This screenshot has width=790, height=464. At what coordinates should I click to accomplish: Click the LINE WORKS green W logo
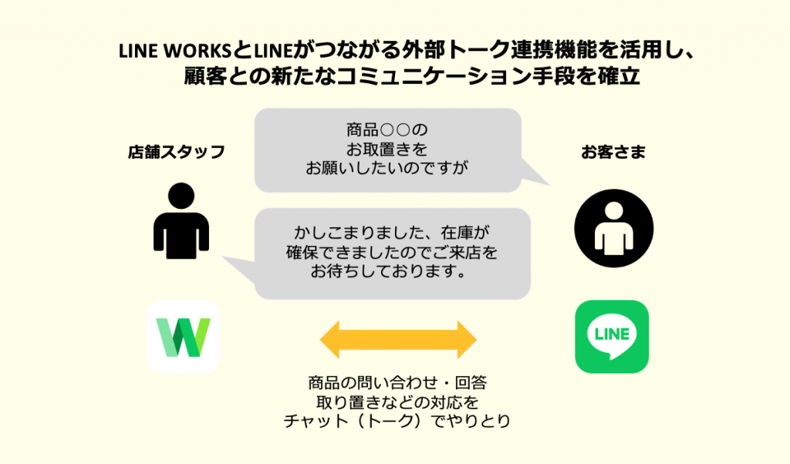(x=183, y=337)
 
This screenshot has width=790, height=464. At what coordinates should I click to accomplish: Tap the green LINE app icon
(x=612, y=336)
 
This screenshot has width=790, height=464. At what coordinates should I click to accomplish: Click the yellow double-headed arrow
(x=399, y=339)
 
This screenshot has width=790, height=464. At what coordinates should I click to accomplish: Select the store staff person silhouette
(x=181, y=220)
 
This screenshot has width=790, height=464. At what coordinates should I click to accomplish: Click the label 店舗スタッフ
(x=177, y=152)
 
